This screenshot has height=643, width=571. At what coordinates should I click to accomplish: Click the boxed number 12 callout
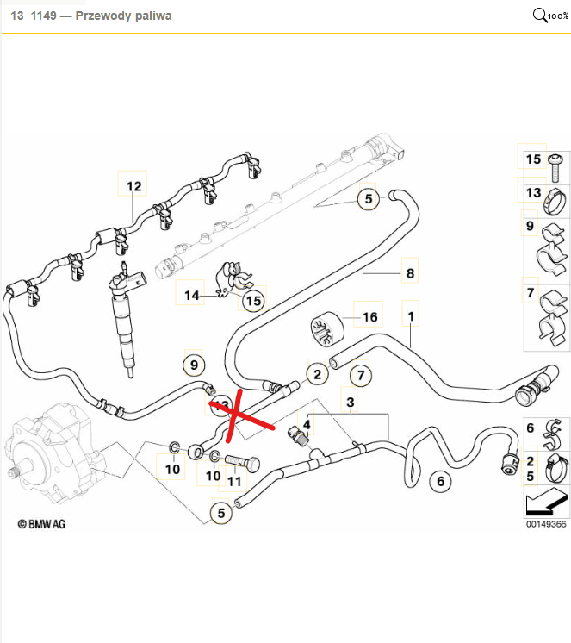pyautogui.click(x=133, y=186)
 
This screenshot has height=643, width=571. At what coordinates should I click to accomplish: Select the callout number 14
pyautogui.click(x=191, y=295)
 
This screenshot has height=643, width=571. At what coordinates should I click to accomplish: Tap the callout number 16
pyautogui.click(x=370, y=317)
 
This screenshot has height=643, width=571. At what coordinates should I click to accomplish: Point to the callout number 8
pyautogui.click(x=410, y=274)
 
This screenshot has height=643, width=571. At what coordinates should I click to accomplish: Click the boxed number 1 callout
pyautogui.click(x=411, y=317)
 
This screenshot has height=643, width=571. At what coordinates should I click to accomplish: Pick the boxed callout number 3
pyautogui.click(x=351, y=402)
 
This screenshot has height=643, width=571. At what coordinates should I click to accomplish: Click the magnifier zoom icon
pyautogui.click(x=542, y=16)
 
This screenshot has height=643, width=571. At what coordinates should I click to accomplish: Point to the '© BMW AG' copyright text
pyautogui.click(x=41, y=522)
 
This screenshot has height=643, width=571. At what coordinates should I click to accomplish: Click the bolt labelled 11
pyautogui.click(x=244, y=462)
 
